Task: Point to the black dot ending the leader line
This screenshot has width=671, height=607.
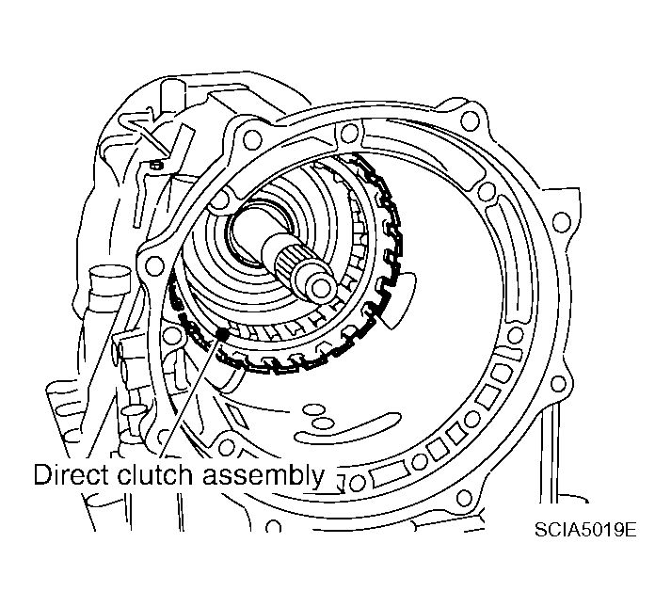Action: coord(222,333)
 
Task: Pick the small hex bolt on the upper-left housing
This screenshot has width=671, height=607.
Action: coord(156,166)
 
